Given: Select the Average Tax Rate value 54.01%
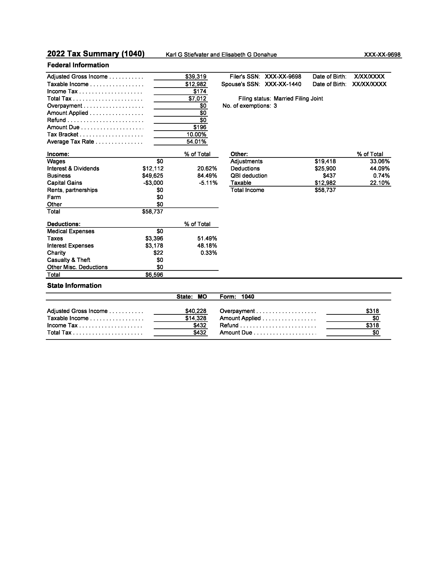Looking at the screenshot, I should (196, 142).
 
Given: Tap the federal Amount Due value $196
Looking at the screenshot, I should (200, 127).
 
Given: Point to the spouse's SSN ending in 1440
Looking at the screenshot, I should (283, 84).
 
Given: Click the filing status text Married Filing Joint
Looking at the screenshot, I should (298, 99).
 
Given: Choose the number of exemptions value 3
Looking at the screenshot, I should (275, 106).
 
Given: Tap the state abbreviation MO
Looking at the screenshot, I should (202, 297).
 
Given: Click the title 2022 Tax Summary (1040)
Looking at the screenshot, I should (96, 54).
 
